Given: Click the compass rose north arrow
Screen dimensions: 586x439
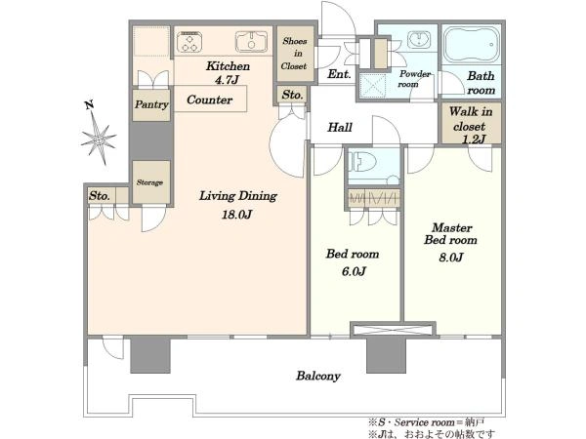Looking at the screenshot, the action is tap(99, 134).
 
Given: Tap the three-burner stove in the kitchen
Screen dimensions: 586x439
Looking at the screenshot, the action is tap(189, 41).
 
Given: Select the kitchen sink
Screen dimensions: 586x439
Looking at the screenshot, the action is tap(251, 41).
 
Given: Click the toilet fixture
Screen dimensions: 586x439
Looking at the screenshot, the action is tap(361, 163).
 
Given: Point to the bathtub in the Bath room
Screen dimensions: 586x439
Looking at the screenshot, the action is tap(472, 45).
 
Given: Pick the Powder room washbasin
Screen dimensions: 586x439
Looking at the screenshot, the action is tap(419, 39).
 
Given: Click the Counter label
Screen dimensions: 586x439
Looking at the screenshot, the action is tap(210, 100).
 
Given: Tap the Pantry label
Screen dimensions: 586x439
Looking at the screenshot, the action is tap(151, 104).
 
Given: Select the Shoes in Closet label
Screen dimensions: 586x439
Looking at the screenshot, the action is tap(295, 54).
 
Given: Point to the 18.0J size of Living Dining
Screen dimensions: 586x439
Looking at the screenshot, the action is tap(236, 215).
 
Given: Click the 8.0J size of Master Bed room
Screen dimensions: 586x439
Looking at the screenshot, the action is tap(451, 258).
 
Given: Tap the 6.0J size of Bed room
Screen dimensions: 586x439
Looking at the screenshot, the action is tap(354, 271).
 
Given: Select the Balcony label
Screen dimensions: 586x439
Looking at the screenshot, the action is tap(318, 376).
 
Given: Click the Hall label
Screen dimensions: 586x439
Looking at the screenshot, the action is tap(340, 127).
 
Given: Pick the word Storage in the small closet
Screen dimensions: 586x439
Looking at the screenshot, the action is tap(149, 182).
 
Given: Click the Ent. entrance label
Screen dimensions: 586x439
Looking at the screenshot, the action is tap(339, 74).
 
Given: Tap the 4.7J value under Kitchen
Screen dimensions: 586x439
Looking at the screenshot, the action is tap(227, 80).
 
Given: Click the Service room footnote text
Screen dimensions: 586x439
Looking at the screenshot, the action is tap(427, 422).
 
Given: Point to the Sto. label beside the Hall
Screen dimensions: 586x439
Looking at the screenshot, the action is tap(292, 95).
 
